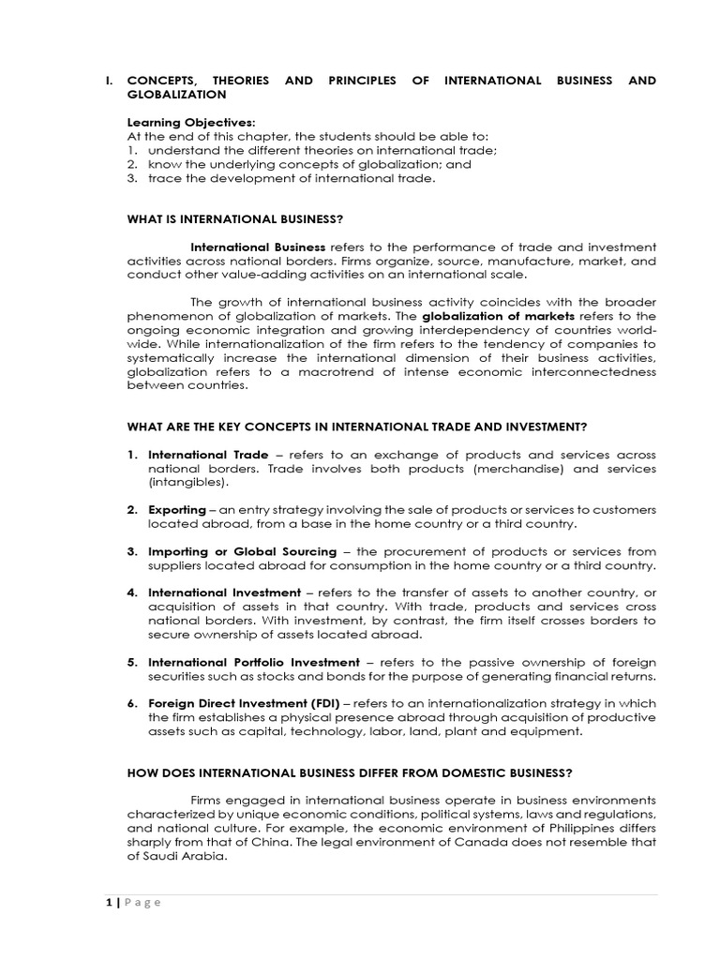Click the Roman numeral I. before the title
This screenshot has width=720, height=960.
(110, 81)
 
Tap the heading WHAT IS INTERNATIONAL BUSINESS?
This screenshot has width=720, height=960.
(235, 219)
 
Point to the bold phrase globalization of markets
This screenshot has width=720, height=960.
(483, 316)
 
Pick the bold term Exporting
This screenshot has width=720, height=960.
(176, 509)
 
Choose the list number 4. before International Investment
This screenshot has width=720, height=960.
(133, 592)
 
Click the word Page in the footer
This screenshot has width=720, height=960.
(140, 902)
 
